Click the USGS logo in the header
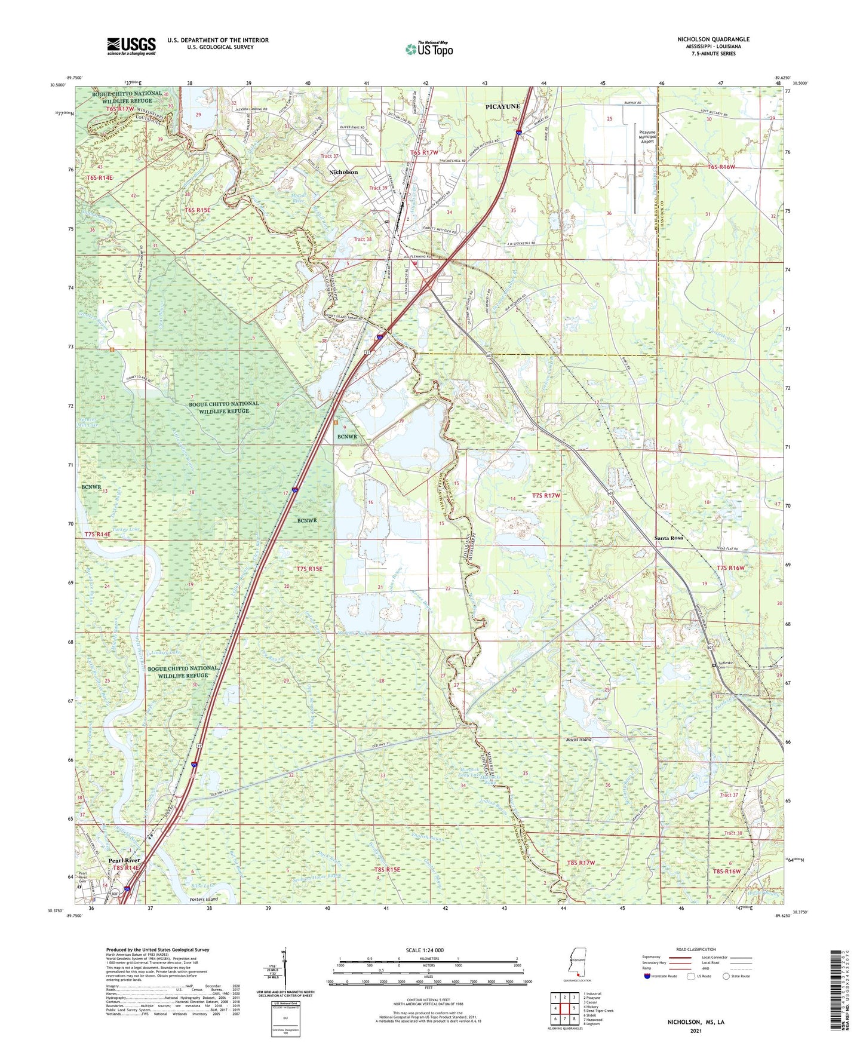(x=131, y=46)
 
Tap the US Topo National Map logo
(x=429, y=49)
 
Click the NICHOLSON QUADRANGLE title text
(x=713, y=39)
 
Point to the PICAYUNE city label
(x=502, y=106)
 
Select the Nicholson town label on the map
(x=343, y=172)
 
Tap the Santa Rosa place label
(x=668, y=538)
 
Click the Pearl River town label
(x=124, y=861)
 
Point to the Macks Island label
(x=579, y=740)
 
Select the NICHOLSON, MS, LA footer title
(x=695, y=1022)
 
